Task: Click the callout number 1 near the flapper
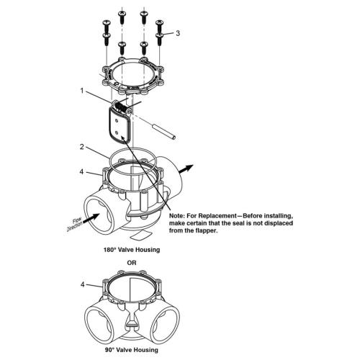tap(84, 91)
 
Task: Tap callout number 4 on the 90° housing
tap(83, 284)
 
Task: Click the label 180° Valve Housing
tap(130, 249)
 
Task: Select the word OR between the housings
tap(130, 262)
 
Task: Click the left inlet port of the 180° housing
tap(96, 212)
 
